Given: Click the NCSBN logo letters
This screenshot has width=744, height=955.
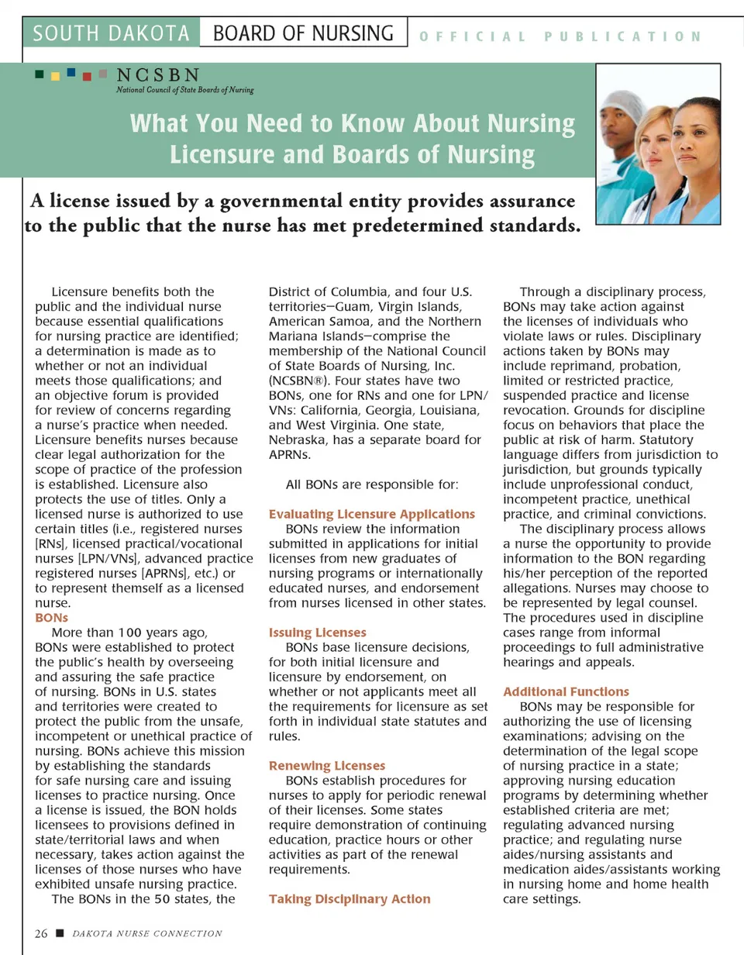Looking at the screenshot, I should pos(157,75).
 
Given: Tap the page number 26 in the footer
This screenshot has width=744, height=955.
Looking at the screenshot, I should pos(41,933).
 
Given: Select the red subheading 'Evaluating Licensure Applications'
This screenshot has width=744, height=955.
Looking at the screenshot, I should pos(371,514).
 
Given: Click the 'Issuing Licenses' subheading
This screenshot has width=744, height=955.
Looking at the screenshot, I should pos(317,633).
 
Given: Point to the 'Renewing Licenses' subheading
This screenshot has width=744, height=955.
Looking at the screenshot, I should pos(326,766).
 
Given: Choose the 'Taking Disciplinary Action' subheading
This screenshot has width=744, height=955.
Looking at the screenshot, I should pos(349,899).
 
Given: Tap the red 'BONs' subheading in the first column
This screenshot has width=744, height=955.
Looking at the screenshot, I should pos(52,618).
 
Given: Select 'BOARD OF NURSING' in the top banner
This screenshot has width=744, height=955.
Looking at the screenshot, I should pos(303,34).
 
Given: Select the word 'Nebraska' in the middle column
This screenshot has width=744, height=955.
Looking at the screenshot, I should pos(298,440).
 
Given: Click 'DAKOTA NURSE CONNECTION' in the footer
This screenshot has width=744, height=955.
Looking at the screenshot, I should pos(147,933).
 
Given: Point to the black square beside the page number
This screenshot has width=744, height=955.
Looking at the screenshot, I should pos(60,933).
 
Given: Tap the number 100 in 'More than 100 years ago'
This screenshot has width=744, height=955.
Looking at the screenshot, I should pos(131,633).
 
